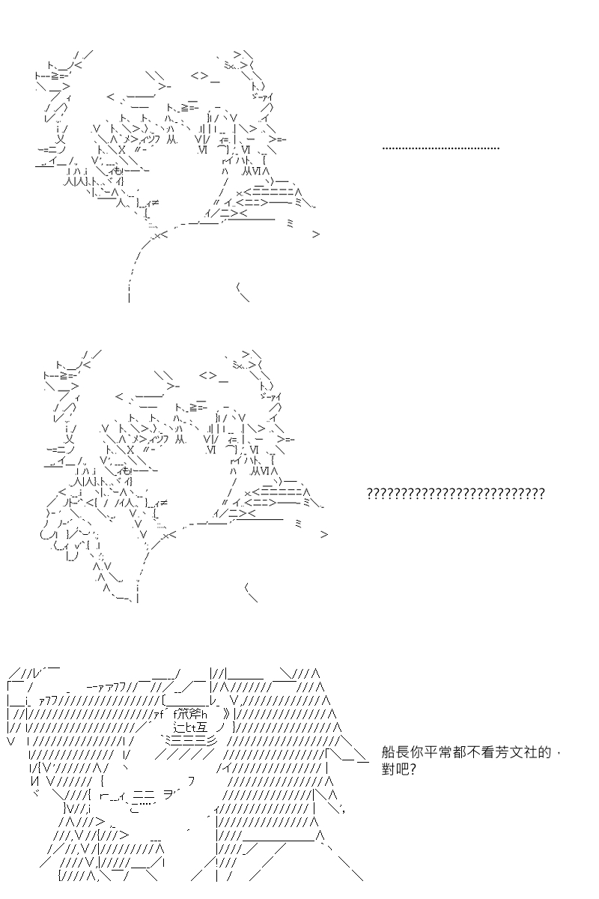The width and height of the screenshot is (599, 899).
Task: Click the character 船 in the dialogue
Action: (389, 752)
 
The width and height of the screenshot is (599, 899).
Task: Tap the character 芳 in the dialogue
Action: (502, 752)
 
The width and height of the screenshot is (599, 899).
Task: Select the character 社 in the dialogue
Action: (530, 752)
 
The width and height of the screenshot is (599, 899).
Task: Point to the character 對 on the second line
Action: (389, 769)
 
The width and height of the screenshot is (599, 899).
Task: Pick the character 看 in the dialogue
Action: (488, 752)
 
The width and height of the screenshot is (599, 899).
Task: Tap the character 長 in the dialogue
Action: (402, 752)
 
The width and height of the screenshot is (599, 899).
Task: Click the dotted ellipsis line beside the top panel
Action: (440, 148)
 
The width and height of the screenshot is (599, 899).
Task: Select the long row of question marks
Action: (455, 493)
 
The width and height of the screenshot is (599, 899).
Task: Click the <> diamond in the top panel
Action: (199, 76)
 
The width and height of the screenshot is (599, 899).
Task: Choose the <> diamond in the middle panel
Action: (207, 375)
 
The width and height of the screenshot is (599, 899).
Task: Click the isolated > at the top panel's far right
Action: (316, 234)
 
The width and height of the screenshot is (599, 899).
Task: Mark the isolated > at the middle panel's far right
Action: (324, 534)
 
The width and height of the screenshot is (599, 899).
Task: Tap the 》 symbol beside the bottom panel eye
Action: (227, 715)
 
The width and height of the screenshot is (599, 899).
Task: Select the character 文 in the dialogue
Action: (517, 752)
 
